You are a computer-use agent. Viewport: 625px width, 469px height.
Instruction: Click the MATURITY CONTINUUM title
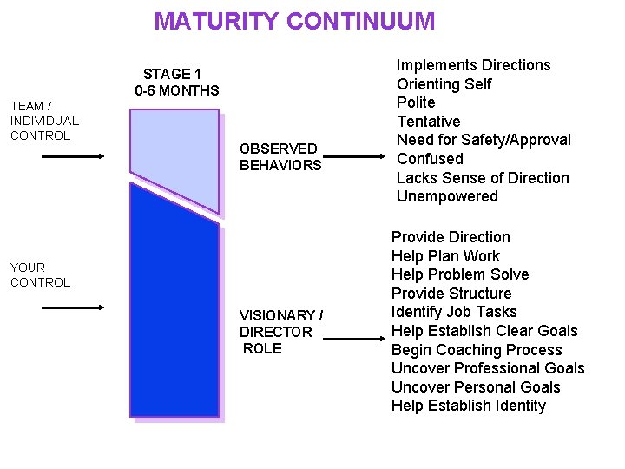[294, 21]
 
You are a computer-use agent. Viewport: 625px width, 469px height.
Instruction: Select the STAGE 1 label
[172, 75]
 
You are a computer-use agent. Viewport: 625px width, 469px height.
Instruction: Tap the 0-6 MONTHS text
[177, 90]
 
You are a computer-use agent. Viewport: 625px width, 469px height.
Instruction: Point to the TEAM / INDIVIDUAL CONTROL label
[44, 121]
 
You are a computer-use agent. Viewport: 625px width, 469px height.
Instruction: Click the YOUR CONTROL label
[40, 274]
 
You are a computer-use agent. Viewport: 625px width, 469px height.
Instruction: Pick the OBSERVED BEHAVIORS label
[280, 157]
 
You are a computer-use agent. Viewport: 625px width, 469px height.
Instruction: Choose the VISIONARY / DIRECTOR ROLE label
[281, 332]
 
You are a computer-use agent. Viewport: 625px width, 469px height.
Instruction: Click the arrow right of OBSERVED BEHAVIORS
[357, 157]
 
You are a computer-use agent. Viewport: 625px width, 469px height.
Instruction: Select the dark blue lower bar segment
[174, 313]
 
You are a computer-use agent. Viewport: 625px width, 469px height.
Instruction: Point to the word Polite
[416, 102]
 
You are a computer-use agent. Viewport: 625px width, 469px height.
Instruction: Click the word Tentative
[428, 122]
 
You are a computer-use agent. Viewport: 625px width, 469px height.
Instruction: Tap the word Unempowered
[447, 196]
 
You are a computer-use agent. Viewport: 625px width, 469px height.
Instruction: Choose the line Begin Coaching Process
[477, 350]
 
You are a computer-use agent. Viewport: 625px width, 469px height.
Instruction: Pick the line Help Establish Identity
[469, 406]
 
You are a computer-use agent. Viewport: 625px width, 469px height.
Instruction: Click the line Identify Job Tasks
[454, 312]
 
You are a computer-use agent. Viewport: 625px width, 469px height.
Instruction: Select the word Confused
[430, 159]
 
